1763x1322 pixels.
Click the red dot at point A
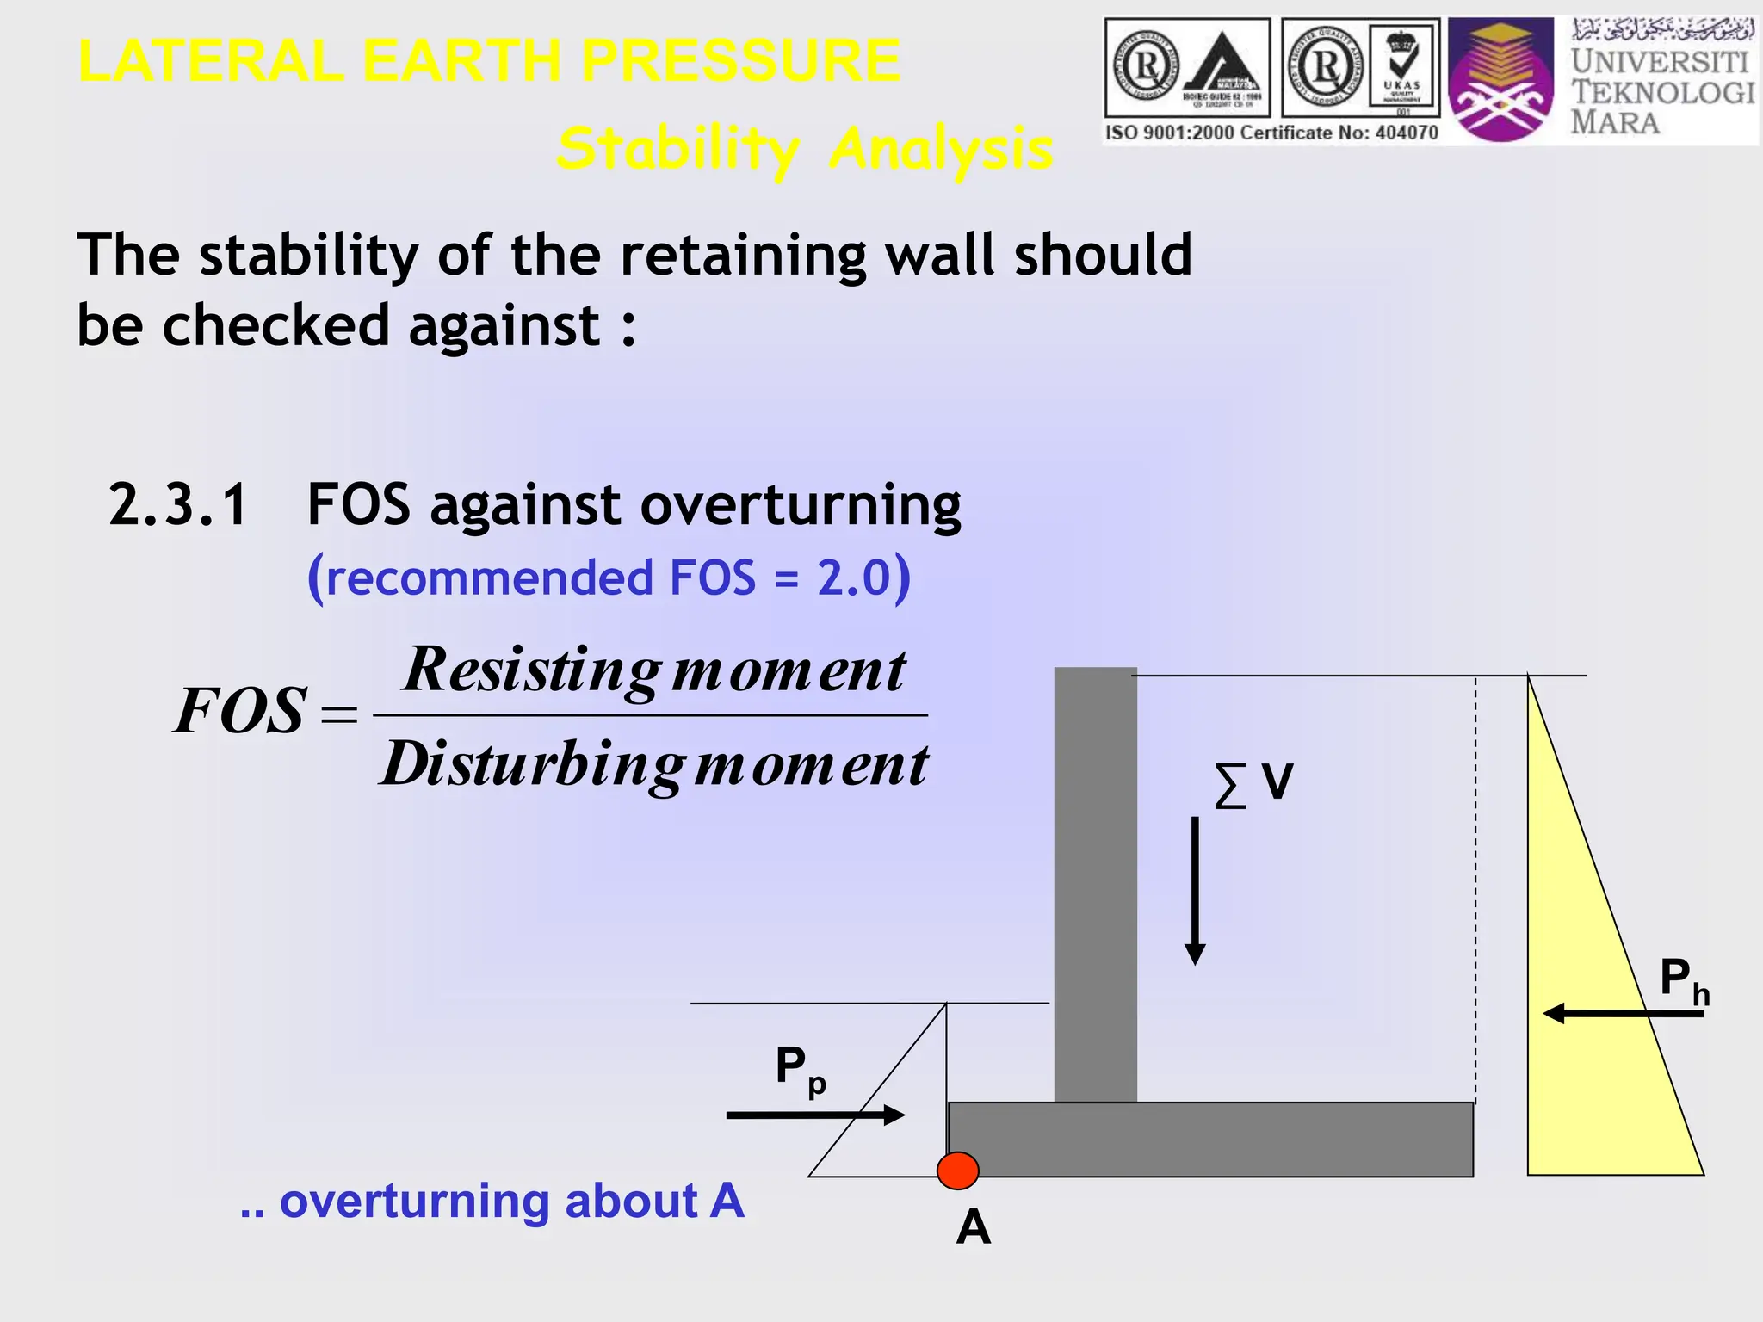click(x=957, y=1170)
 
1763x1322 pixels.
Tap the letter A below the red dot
click(x=973, y=1226)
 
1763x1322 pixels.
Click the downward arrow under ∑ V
click(x=1195, y=891)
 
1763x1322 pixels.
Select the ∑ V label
click(x=1253, y=783)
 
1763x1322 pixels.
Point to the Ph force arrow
click(x=1623, y=1014)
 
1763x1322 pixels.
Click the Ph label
click(x=1683, y=980)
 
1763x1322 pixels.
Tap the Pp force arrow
click(x=814, y=1115)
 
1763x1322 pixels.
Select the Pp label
click(x=800, y=1068)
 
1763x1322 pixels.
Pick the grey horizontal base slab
click(x=1210, y=1140)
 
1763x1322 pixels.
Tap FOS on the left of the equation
click(x=240, y=711)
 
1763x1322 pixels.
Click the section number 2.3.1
click(x=178, y=504)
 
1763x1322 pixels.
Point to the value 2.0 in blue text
click(x=853, y=578)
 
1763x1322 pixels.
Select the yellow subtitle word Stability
click(x=677, y=148)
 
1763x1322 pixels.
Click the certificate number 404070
click(x=1407, y=133)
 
